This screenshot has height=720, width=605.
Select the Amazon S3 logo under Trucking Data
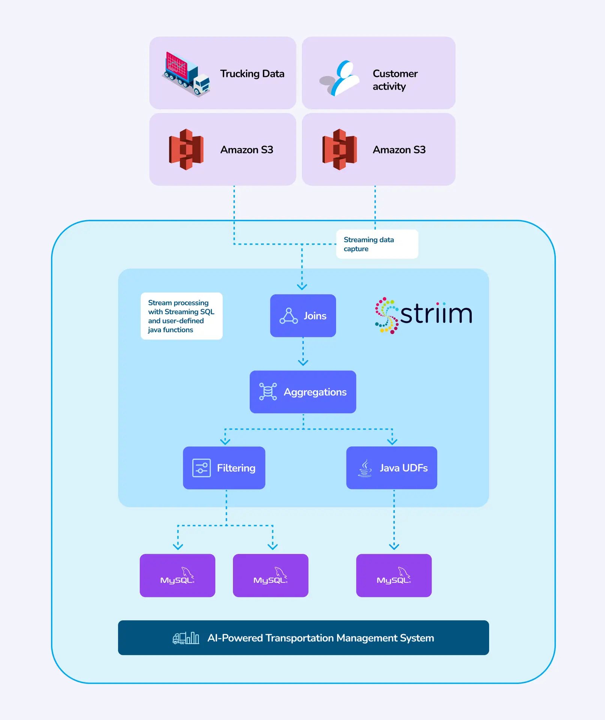point(186,149)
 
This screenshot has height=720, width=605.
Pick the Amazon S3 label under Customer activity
point(399,150)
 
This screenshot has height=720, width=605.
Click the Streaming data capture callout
point(377,244)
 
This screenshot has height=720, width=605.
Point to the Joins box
point(303,316)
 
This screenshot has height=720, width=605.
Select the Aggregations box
point(303,392)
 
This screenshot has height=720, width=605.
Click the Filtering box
point(224,468)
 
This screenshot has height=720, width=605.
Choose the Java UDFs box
point(392,468)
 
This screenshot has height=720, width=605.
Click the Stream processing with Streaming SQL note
point(182,316)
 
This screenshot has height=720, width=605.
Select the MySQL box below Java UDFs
point(393,576)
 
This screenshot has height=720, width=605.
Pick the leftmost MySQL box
point(177,576)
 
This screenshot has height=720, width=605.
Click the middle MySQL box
point(270,576)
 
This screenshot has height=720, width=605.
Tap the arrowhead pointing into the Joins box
point(302,287)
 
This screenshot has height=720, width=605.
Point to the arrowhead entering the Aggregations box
point(303,363)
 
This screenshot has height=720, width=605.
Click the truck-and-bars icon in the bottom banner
point(186,638)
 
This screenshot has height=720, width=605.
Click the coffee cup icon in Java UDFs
point(365,468)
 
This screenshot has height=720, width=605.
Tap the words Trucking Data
point(252,73)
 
